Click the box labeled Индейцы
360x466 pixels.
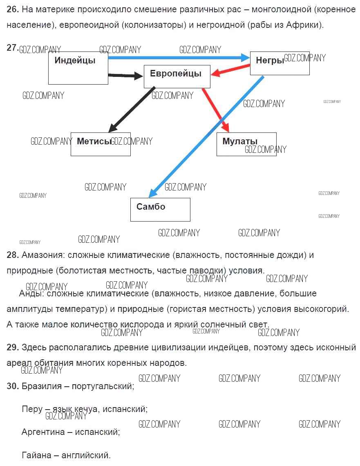[x=78, y=68]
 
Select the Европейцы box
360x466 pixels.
[x=177, y=76]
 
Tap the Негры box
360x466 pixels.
[x=280, y=63]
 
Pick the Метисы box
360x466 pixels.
[x=101, y=144]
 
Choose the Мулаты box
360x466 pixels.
[x=246, y=144]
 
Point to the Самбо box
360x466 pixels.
[x=160, y=209]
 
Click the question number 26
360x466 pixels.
[x=13, y=9]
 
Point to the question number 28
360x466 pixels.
[x=13, y=255]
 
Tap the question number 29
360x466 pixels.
[x=13, y=347]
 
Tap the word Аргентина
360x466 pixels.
[x=43, y=432]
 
